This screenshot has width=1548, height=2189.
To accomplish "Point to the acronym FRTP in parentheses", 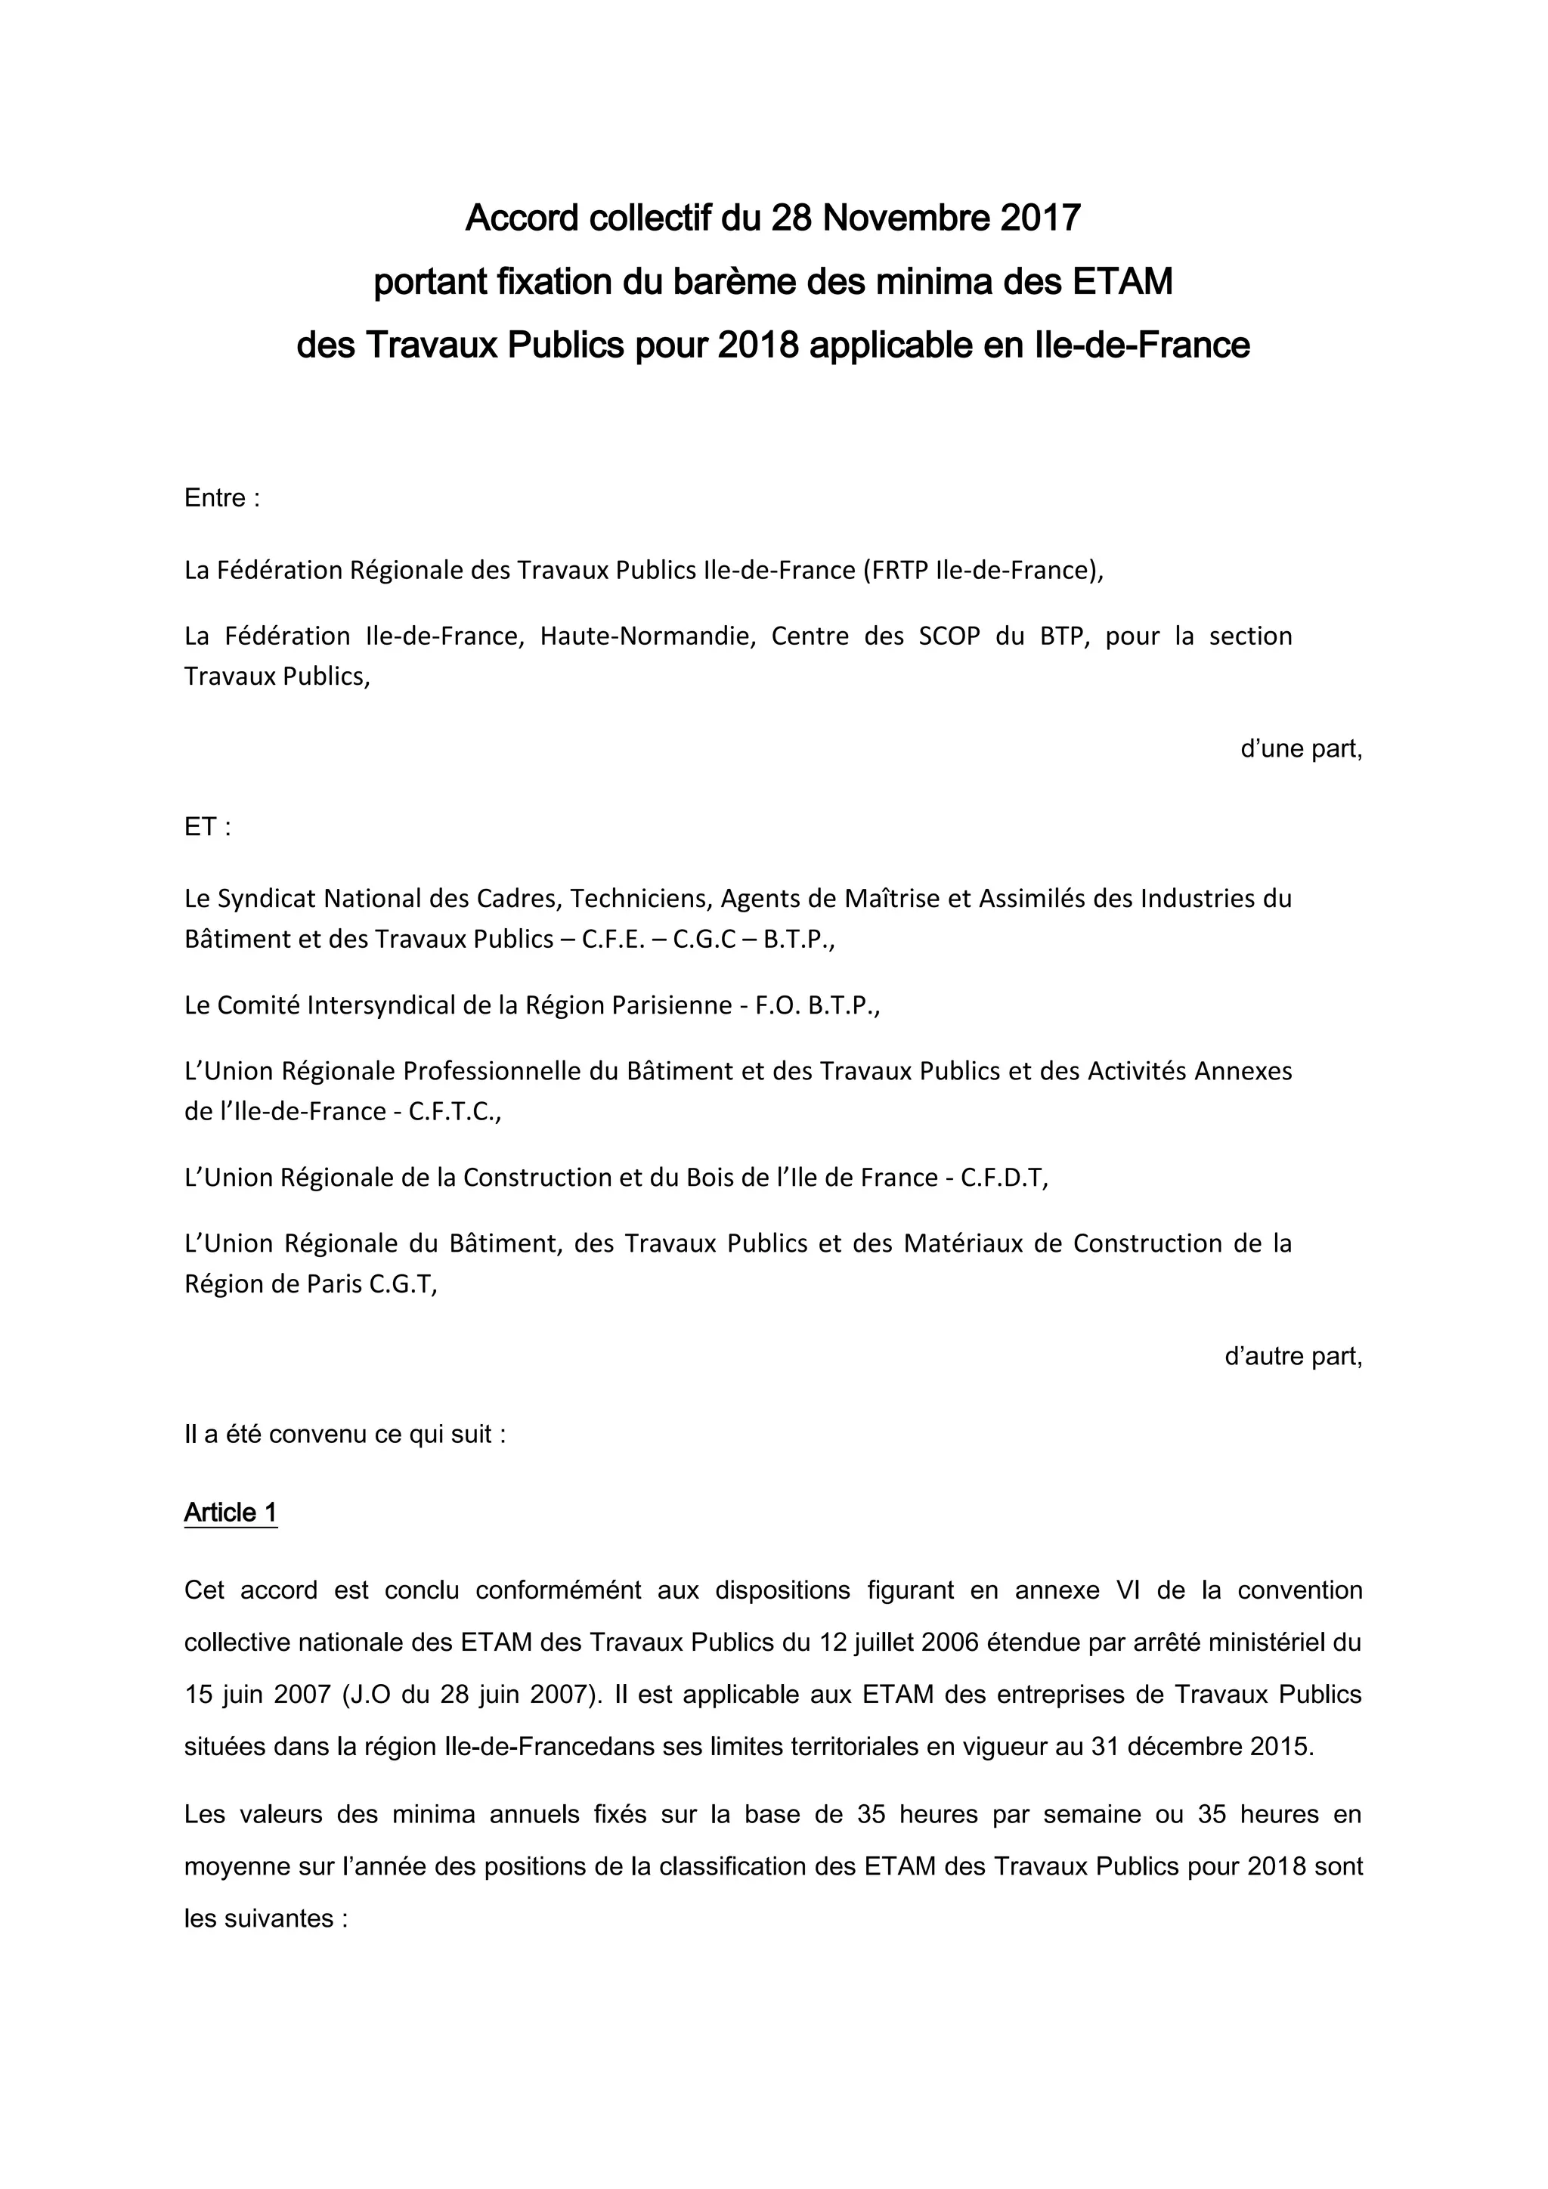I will pos(898,570).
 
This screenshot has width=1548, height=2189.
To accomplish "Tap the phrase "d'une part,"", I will pos(1301,748).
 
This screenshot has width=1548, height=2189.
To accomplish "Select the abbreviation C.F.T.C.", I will pos(453,1112).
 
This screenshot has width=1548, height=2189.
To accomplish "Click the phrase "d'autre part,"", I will pos(1293,1356).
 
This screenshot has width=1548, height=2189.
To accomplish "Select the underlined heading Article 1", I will pos(230,1512).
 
